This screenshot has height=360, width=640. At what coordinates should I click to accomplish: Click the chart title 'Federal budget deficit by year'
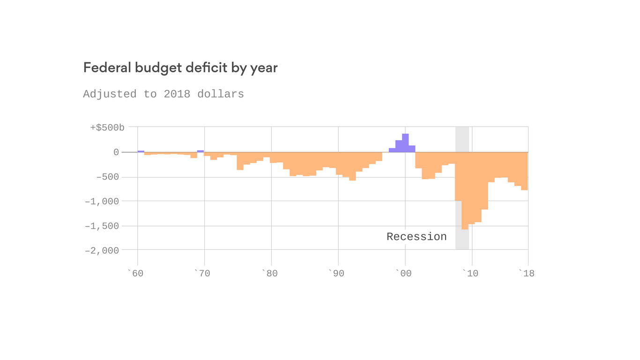[180, 68]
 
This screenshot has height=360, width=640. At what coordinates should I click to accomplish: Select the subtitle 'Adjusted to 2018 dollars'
[164, 94]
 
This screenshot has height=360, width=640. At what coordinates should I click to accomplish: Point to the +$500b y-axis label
[107, 127]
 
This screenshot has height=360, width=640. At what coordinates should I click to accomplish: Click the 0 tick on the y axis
[116, 152]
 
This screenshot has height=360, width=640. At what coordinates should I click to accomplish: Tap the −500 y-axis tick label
[107, 178]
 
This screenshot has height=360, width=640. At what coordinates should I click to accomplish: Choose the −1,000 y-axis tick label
[102, 202]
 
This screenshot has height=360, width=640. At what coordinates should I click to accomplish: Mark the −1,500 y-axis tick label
[102, 226]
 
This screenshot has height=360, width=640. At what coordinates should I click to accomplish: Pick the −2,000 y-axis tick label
[102, 251]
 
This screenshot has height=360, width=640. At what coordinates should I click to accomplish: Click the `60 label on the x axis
[135, 273]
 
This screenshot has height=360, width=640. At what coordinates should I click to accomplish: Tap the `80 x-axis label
[269, 273]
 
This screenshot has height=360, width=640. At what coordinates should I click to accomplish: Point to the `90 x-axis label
[336, 273]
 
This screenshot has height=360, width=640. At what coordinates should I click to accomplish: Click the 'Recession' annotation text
[417, 237]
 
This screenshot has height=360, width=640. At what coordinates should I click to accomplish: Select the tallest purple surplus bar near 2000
[405, 143]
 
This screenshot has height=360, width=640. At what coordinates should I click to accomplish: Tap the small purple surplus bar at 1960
[141, 151]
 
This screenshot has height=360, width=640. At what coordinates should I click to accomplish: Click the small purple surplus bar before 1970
[201, 151]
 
